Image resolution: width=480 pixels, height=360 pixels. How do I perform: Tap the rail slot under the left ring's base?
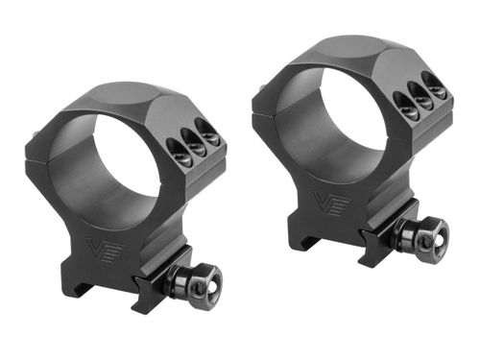[x=91, y=298]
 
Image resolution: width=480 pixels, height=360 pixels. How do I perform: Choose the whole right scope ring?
[x=355, y=144]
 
